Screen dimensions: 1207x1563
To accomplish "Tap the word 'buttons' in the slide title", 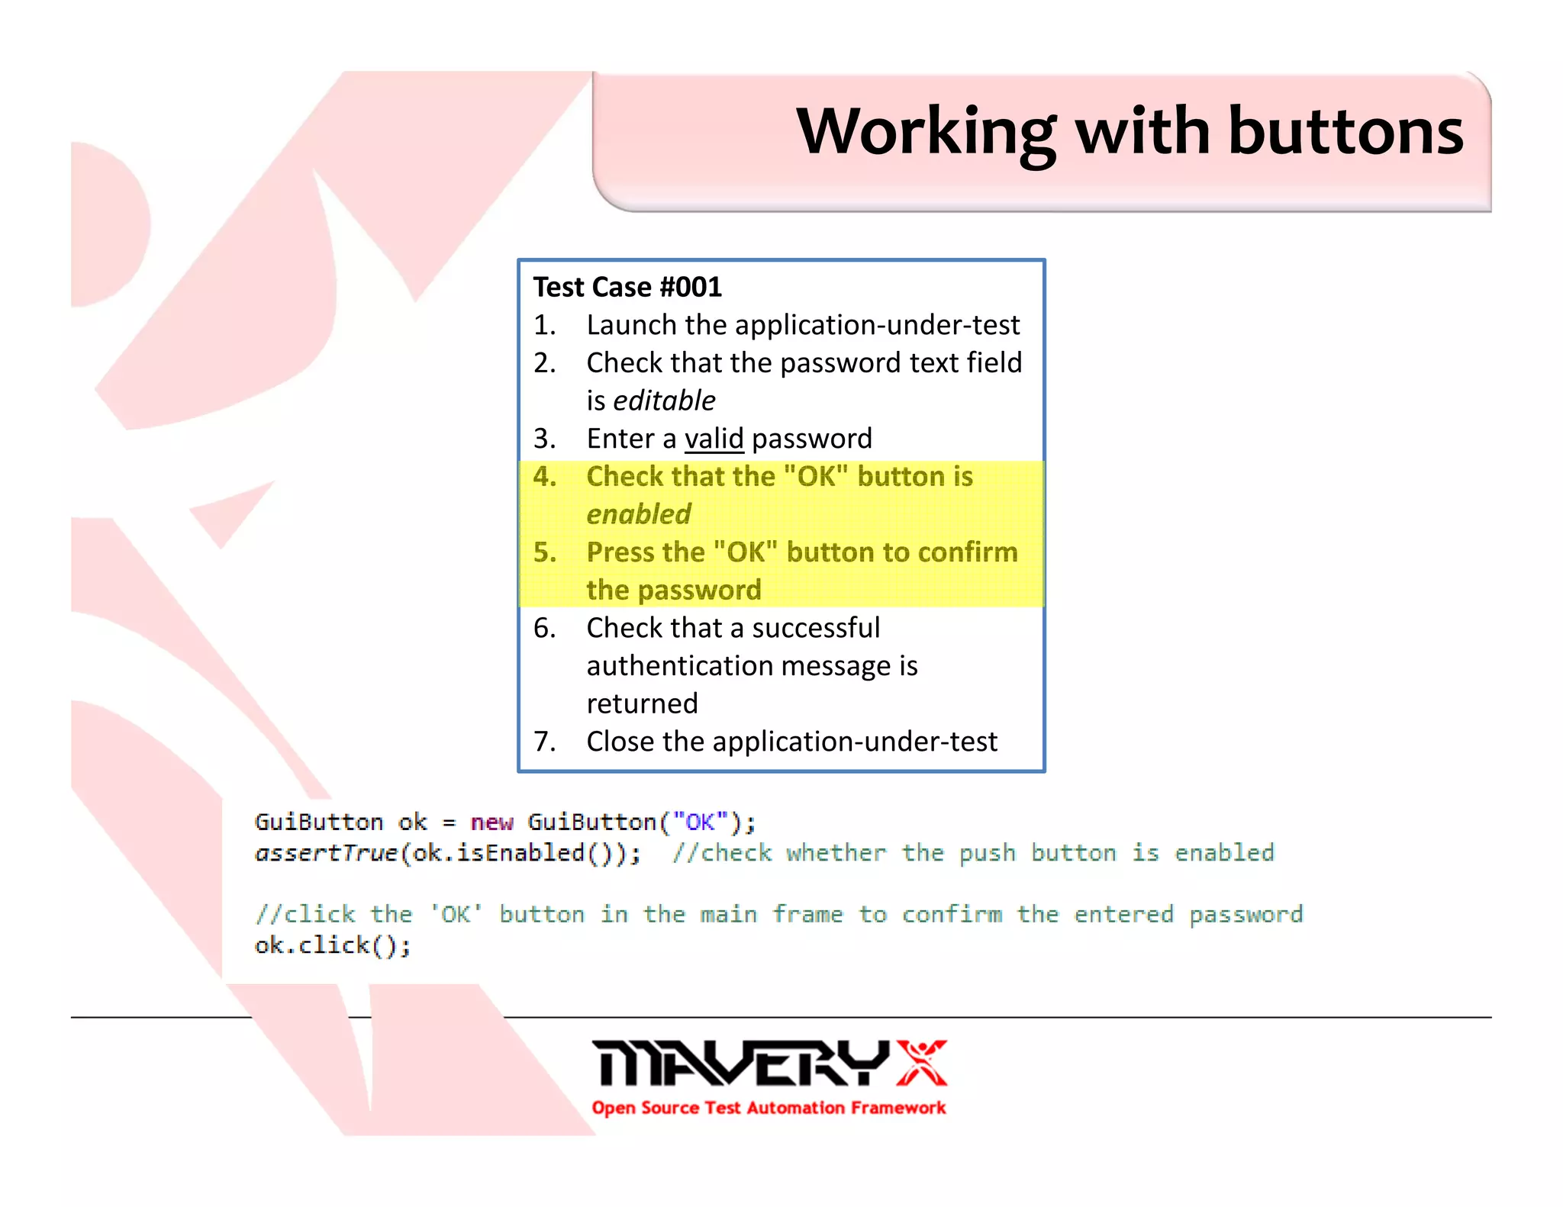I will coord(1345,131).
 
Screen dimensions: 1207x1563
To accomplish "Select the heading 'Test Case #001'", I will coord(627,288).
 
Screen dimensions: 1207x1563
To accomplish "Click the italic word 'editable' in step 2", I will coord(664,401).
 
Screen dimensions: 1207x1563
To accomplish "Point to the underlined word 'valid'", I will coord(714,439).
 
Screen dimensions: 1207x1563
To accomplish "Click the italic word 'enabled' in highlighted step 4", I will coord(639,514).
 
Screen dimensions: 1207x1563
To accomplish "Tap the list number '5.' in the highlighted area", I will coord(544,552).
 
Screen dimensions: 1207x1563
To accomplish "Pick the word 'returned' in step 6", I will coord(642,703).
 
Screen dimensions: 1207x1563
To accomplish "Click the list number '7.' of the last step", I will coord(544,742).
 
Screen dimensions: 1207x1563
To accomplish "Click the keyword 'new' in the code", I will coord(491,822).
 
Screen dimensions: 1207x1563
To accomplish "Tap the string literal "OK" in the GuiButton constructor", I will coord(700,822).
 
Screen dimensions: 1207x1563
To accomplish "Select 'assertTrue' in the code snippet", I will coord(327,853).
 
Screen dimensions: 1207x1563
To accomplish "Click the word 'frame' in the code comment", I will coord(807,914).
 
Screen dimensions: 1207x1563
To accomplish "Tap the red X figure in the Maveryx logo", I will coord(922,1062).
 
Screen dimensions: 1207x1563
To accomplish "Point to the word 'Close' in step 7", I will coord(620,742).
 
